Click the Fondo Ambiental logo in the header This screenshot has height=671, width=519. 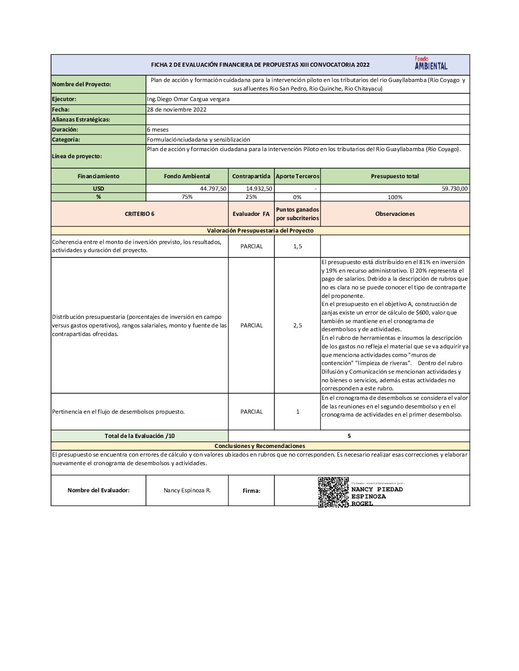pos(431,63)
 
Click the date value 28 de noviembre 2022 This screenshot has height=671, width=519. pos(176,110)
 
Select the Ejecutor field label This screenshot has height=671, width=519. pos(64,99)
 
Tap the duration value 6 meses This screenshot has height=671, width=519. pos(157,130)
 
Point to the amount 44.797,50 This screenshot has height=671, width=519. pos(213,189)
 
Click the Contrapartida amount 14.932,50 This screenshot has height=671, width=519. pos(259,189)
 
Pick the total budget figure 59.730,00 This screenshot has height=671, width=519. pos(455,189)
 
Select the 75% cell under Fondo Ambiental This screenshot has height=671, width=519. pos(187,197)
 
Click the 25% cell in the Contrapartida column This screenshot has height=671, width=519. pos(251,197)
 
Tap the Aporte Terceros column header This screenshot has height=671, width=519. pos(297,176)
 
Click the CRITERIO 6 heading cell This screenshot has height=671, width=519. pos(139,214)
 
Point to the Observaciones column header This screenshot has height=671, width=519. pos(395,214)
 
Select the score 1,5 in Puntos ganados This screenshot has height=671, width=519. pos(297,246)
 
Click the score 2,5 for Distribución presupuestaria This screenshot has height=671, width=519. pos(297,325)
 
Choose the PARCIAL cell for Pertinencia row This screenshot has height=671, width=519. pos(251,412)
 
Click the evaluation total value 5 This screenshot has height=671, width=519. pos(349,436)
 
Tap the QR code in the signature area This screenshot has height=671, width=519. pos(333,491)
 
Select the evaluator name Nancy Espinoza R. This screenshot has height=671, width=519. pos(187,490)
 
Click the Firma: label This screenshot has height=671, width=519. pos(251,491)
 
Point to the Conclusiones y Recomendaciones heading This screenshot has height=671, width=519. pos(259,446)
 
